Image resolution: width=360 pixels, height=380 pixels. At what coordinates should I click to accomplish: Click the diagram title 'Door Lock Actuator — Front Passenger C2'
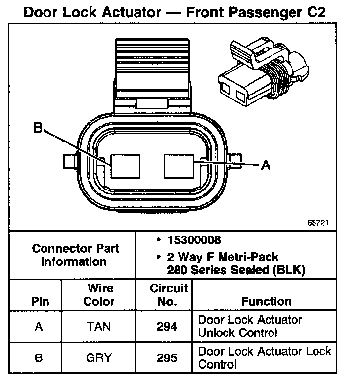tap(175, 12)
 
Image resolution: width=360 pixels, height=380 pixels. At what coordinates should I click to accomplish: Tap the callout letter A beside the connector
tap(265, 166)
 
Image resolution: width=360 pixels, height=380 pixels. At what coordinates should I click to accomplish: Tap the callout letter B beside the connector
tap(38, 129)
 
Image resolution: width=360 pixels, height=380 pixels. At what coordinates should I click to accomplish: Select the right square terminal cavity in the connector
tap(180, 166)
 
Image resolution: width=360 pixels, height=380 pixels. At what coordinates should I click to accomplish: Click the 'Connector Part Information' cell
tap(75, 255)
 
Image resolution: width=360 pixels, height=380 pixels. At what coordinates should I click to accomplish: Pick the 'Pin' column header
tap(40, 302)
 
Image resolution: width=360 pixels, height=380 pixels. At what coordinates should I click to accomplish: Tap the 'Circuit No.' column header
tap(168, 295)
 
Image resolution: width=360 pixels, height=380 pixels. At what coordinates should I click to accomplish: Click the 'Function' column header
tap(266, 302)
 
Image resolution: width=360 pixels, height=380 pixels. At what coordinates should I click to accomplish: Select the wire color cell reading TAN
tap(99, 327)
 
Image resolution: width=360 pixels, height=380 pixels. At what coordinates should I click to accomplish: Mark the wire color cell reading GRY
tap(99, 358)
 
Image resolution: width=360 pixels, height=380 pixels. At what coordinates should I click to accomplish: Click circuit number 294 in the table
tap(167, 327)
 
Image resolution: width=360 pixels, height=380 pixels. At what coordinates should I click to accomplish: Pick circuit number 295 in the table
tap(167, 358)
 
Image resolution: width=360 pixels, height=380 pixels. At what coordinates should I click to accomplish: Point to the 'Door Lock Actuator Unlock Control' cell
tap(250, 327)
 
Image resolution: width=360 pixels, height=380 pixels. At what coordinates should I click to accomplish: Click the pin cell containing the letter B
tap(39, 358)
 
